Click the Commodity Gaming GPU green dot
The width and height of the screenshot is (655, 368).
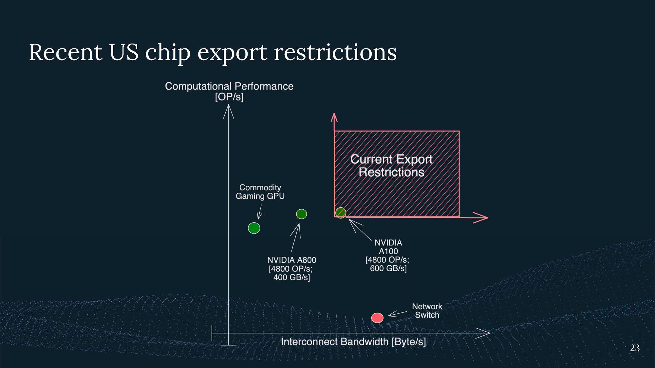pyautogui.click(x=254, y=228)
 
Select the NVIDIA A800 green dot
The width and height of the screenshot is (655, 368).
pyautogui.click(x=301, y=214)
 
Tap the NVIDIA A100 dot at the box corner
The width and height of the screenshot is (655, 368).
pyautogui.click(x=341, y=213)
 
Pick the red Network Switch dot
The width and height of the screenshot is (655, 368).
pyautogui.click(x=377, y=318)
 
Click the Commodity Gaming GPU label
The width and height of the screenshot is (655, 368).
pyautogui.click(x=260, y=192)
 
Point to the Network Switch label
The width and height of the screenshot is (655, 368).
pyautogui.click(x=427, y=311)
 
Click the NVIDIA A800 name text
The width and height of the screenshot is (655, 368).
pyautogui.click(x=292, y=260)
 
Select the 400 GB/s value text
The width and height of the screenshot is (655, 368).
pyautogui.click(x=291, y=277)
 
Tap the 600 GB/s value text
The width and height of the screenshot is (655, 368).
pyautogui.click(x=388, y=268)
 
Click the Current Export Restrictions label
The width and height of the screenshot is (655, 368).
pyautogui.click(x=391, y=166)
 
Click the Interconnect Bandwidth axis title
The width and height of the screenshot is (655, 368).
pyautogui.click(x=353, y=342)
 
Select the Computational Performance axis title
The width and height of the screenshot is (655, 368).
pyautogui.click(x=229, y=86)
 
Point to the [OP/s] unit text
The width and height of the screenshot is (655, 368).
pyautogui.click(x=229, y=97)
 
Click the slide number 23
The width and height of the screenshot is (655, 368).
pyautogui.click(x=635, y=348)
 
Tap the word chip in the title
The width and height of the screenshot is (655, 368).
pyautogui.click(x=168, y=52)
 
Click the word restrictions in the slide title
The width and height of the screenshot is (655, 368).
pyautogui.click(x=335, y=52)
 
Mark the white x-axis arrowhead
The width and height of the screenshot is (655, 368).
pyautogui.click(x=483, y=333)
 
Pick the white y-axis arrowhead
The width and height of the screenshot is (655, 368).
pyautogui.click(x=229, y=112)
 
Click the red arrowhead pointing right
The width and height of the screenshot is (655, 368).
pyautogui.click(x=481, y=218)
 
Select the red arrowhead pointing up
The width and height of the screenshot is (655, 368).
pyautogui.click(x=334, y=117)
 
